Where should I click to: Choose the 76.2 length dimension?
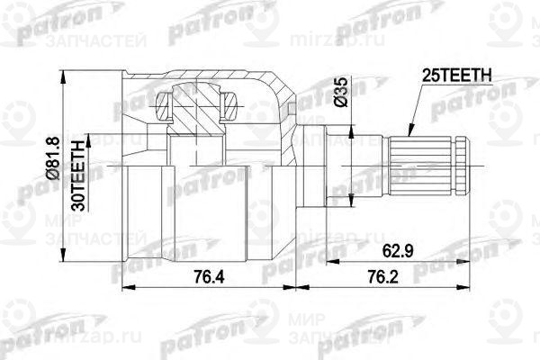coord(378,275)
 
